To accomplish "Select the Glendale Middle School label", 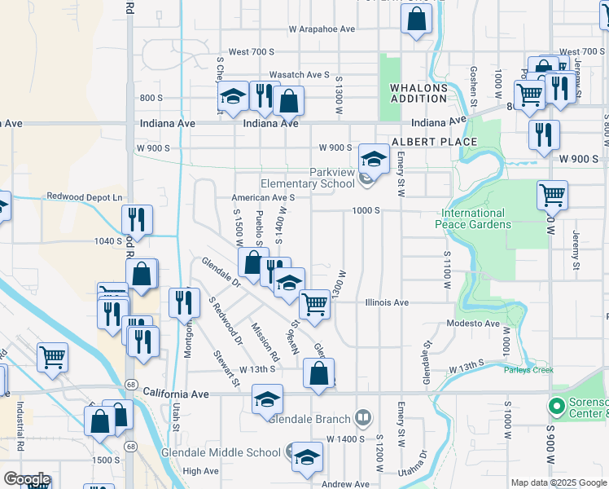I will [x=231, y=453].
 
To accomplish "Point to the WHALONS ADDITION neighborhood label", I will [x=418, y=92].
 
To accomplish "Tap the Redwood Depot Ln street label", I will [x=84, y=196].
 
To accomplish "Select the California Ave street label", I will [x=176, y=394].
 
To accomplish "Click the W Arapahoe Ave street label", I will [x=322, y=29].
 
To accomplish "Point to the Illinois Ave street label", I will [x=386, y=302].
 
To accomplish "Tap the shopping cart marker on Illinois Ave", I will [x=314, y=305].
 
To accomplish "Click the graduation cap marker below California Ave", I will [x=267, y=400].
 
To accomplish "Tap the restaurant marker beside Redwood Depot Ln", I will [x=137, y=219].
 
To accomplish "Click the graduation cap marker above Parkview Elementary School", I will [x=374, y=158].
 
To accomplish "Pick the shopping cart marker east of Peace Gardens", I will [x=552, y=195].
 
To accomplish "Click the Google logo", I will [x=27, y=479].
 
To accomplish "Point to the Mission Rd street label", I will [x=265, y=343].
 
